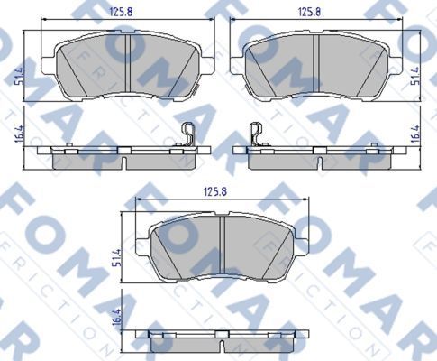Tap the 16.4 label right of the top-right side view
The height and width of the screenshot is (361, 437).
[x=416, y=135]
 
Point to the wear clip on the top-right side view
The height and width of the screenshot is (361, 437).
[x=254, y=133]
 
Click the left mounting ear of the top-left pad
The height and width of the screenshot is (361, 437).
[x=50, y=64]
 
